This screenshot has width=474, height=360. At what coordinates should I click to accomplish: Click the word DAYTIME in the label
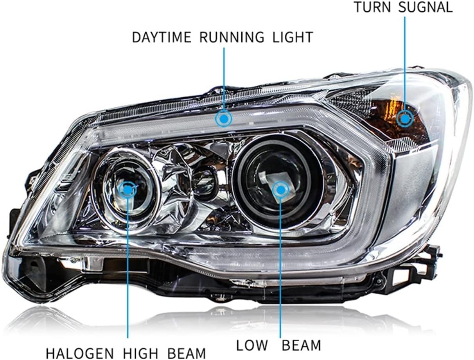(x=162, y=37)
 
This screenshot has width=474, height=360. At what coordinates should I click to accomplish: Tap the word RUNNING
(x=232, y=37)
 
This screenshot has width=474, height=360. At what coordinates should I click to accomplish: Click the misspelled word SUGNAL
(x=425, y=7)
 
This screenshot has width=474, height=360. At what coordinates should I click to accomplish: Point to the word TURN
(x=372, y=7)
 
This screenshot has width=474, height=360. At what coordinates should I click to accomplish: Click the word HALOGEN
(x=80, y=353)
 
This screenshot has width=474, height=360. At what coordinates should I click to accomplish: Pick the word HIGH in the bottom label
(x=140, y=353)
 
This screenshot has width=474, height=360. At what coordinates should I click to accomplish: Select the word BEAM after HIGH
(x=187, y=353)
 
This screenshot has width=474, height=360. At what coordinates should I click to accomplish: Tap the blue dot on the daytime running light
(x=224, y=118)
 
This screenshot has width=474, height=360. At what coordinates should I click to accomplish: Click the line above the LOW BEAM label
(x=281, y=267)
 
